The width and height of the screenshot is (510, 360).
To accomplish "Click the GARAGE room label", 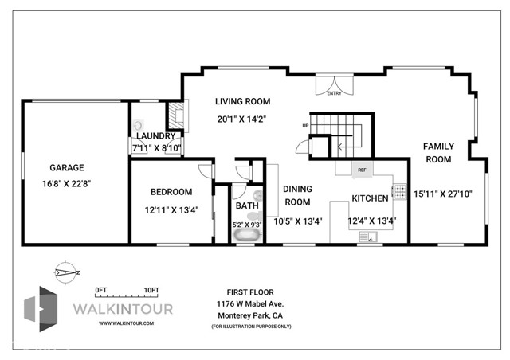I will (69, 168).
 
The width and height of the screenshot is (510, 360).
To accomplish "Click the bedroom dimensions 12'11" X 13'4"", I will (171, 211).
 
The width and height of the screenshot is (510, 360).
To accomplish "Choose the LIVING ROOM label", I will (243, 101).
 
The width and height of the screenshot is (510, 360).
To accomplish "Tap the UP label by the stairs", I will (304, 126).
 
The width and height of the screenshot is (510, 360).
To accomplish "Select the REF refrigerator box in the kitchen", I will (361, 170).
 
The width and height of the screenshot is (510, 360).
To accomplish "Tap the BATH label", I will (246, 206).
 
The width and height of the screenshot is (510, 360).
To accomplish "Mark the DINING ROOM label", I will (297, 196).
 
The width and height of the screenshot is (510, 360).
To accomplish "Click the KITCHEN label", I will (371, 198).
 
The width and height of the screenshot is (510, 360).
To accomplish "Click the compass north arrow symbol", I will (68, 272).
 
